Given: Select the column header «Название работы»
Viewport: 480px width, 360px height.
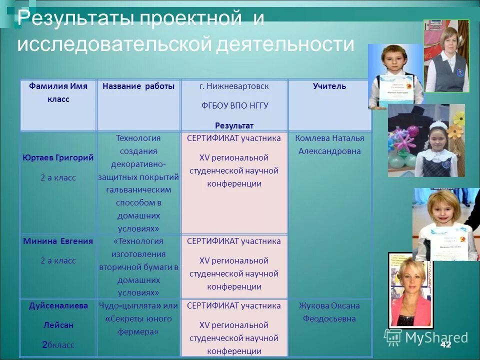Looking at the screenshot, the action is [138, 86].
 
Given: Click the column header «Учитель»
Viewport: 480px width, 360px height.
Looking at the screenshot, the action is [329, 86].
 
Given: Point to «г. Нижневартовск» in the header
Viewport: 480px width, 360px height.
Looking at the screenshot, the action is [234, 86].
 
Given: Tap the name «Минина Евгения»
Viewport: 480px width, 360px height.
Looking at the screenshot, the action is [58, 241].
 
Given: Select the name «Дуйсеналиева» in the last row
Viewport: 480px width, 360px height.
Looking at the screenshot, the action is [58, 305].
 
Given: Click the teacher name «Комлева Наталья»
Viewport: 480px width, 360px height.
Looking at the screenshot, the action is [329, 138].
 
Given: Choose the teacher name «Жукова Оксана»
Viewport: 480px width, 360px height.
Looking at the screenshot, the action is [329, 305].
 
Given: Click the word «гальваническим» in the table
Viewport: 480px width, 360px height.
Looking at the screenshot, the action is [138, 190].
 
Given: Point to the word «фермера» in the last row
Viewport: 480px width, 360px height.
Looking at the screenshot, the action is [138, 331].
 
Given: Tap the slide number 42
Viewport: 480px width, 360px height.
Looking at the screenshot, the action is [445, 345].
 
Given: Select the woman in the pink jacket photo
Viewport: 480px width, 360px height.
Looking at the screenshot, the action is [411, 292].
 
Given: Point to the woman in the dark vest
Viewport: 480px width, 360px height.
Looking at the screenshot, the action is [446, 57].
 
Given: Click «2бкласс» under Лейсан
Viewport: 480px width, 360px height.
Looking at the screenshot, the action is [58, 344].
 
